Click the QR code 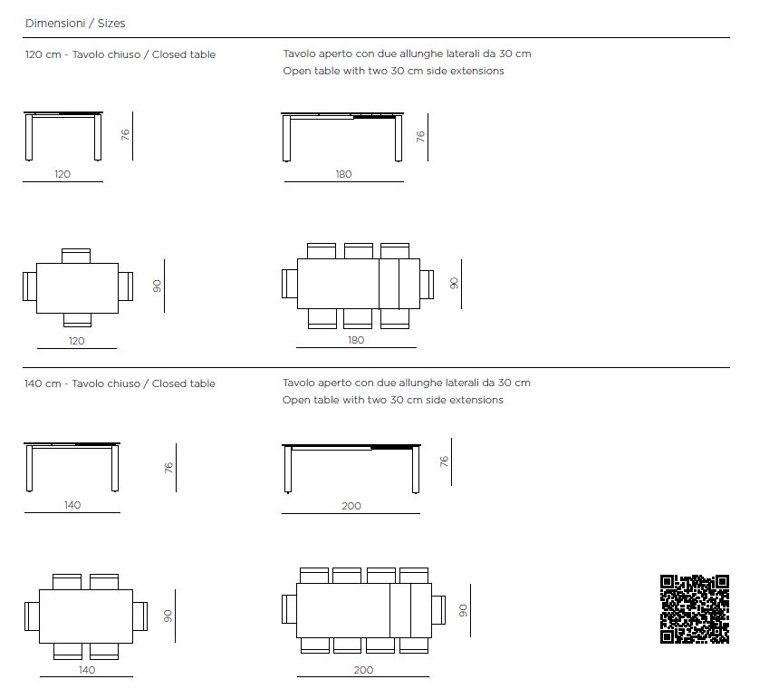pyautogui.click(x=695, y=609)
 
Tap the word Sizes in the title pyautogui.click(x=111, y=23)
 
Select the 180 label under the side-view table pyautogui.click(x=344, y=174)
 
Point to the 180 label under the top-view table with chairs pyautogui.click(x=356, y=340)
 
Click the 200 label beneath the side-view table pyautogui.click(x=351, y=506)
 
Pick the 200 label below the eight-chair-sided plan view pyautogui.click(x=363, y=670)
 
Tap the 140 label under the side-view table pyautogui.click(x=72, y=505)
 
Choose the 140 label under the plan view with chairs pyautogui.click(x=87, y=670)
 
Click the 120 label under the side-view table pyautogui.click(x=62, y=174)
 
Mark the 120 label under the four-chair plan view pyautogui.click(x=76, y=341)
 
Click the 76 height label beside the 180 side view pyautogui.click(x=420, y=136)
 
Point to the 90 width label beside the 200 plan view pyautogui.click(x=463, y=610)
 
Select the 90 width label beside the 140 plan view pyautogui.click(x=168, y=616)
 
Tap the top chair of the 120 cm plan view pyautogui.click(x=76, y=257)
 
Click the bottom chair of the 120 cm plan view pyautogui.click(x=78, y=320)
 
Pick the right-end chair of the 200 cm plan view pyautogui.click(x=438, y=610)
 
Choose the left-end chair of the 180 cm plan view pyautogui.click(x=289, y=284)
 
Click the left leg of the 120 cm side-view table pyautogui.click(x=29, y=138)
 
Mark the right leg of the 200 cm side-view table pyautogui.click(x=416, y=471)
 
